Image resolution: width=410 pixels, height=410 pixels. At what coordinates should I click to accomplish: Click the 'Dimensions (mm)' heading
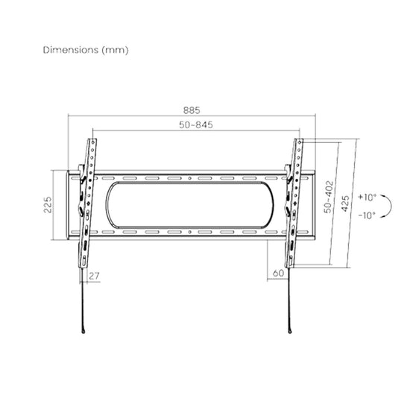tap(86, 50)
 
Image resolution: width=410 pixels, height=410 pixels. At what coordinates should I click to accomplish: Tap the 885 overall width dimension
tap(192, 110)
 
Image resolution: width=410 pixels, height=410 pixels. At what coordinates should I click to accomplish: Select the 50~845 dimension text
tap(196, 124)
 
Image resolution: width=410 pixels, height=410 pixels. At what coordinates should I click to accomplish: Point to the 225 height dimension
tap(48, 204)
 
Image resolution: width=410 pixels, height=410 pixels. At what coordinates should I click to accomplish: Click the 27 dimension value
tap(94, 276)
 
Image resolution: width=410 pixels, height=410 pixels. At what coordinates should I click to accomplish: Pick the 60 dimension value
tap(278, 274)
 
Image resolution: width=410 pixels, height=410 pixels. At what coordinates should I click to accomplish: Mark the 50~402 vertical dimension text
tap(329, 196)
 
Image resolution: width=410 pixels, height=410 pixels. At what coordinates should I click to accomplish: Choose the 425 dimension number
tap(345, 204)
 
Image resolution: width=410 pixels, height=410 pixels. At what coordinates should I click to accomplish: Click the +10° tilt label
tap(367, 197)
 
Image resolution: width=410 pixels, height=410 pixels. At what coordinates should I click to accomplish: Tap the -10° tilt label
tap(367, 215)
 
